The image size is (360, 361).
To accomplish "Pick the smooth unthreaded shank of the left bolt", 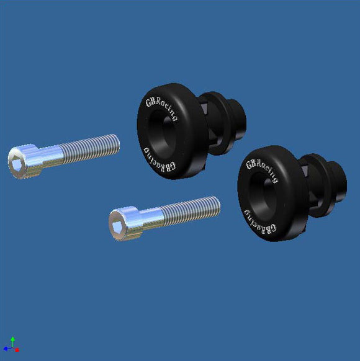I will click(51, 155).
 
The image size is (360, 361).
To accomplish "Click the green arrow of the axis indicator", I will click(12, 341).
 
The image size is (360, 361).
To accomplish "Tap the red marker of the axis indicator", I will click(17, 350).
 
